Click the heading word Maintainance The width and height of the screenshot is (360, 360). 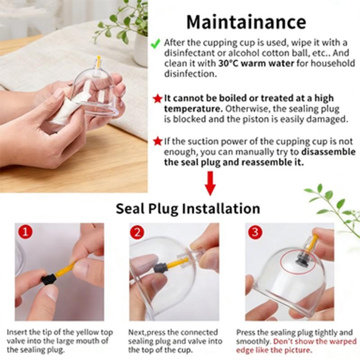246,22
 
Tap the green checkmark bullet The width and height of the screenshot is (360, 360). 155,44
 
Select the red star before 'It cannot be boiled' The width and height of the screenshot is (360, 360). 157,99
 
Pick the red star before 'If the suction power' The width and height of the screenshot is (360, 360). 157,142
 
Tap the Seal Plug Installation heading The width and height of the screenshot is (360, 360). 188,209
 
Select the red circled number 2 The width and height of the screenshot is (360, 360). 137,232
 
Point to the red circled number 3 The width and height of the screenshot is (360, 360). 256,232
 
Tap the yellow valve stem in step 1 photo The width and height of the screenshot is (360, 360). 65,269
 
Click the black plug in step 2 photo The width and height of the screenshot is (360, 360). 161,268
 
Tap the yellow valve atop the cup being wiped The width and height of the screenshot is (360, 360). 99,61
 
